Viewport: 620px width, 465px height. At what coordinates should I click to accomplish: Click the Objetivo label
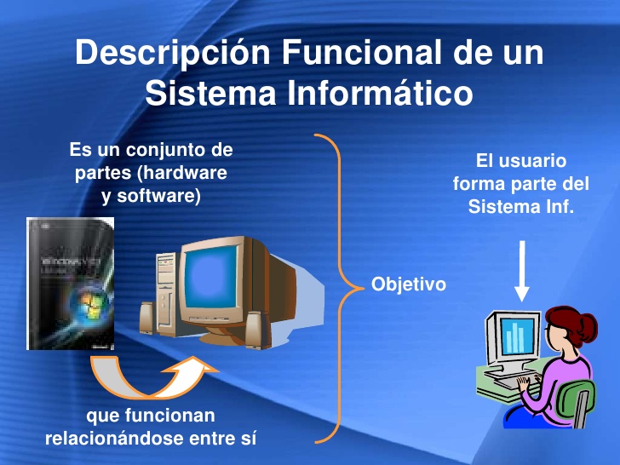[408, 284]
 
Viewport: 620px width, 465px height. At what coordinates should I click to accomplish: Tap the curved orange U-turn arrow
[145, 379]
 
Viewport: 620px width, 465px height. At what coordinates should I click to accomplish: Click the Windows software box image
[71, 284]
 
